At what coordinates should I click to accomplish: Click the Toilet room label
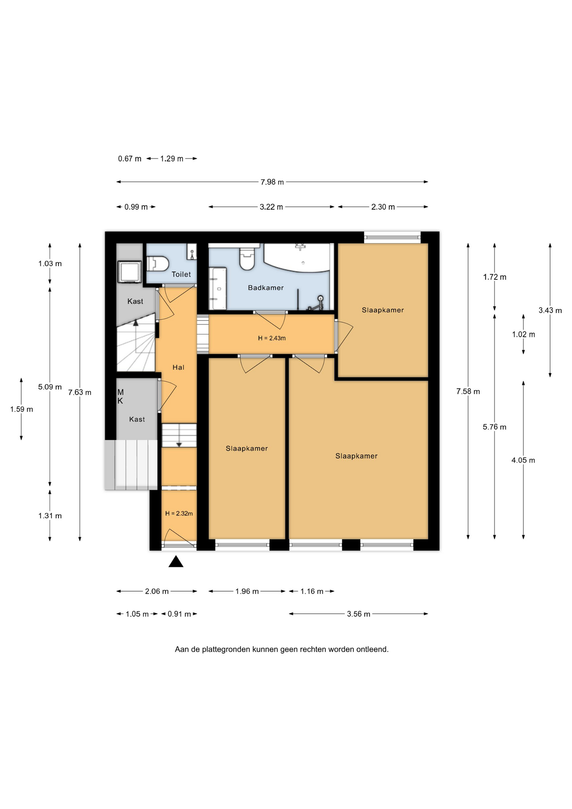[181, 274]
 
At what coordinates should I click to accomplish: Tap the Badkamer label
[266, 288]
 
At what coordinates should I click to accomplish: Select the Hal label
[179, 367]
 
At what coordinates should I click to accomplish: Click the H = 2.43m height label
[272, 338]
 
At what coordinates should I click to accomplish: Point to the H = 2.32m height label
[179, 514]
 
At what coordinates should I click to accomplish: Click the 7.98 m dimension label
[272, 182]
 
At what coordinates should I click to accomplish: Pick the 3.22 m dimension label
[271, 207]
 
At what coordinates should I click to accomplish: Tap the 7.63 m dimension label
[80, 392]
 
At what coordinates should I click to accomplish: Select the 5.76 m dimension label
[494, 427]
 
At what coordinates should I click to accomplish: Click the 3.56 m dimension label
[358, 614]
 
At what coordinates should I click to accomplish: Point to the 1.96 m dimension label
[247, 591]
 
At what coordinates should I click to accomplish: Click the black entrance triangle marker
[176, 562]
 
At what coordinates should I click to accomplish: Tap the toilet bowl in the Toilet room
[158, 264]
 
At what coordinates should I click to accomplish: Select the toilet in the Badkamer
[247, 258]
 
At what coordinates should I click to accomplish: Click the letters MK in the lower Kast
[120, 396]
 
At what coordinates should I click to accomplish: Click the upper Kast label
[135, 301]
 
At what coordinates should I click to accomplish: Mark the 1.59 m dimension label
[21, 409]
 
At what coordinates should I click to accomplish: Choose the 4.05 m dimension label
[523, 460]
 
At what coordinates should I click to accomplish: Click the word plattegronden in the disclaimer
[226, 649]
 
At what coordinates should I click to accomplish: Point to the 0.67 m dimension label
[130, 159]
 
